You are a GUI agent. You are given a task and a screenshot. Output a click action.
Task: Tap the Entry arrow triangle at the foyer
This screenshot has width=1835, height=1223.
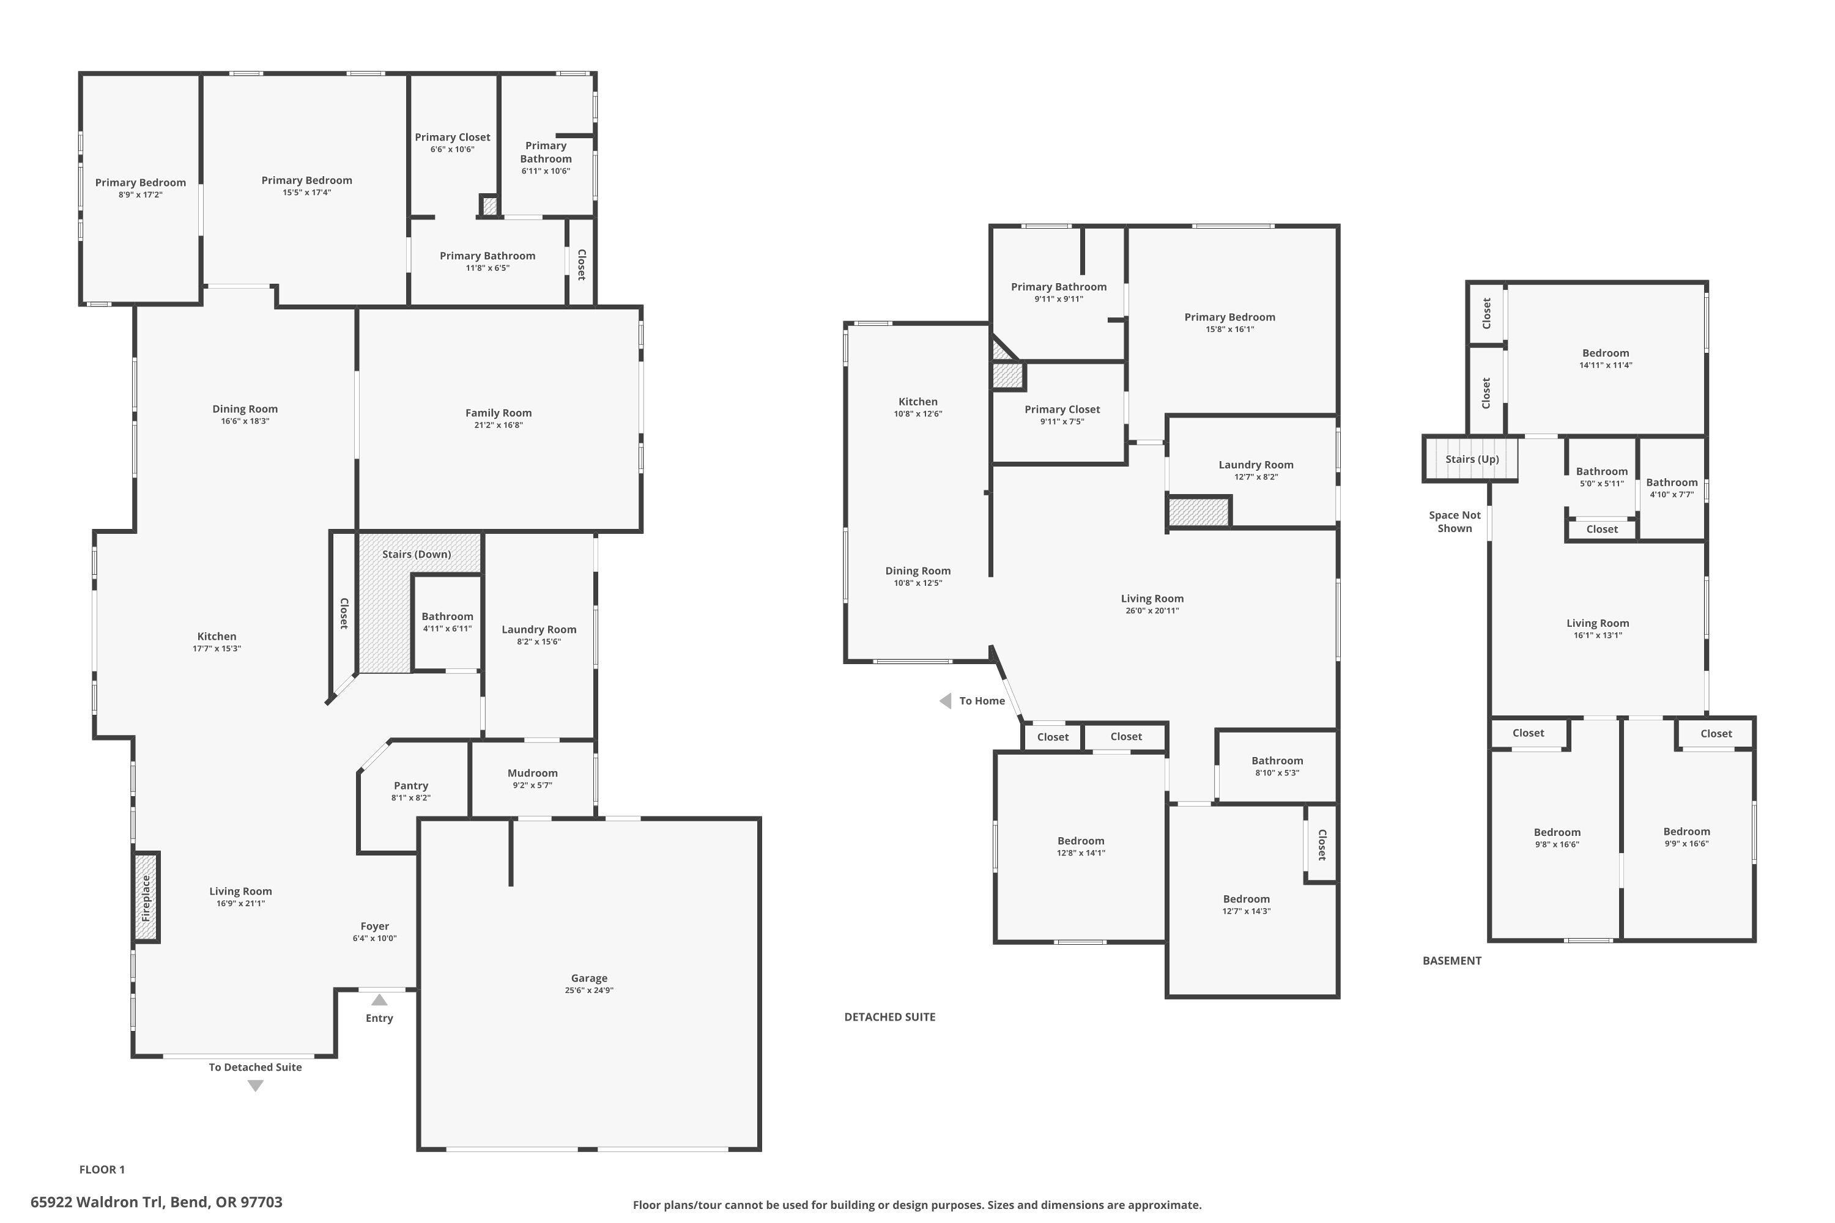[x=379, y=1000]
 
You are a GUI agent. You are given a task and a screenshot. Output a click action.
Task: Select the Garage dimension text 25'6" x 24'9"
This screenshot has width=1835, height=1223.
[x=589, y=991]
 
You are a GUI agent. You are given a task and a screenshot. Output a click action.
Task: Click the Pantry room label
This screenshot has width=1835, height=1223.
[x=410, y=785]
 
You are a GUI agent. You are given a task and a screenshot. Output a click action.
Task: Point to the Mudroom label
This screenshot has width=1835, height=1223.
[x=532, y=773]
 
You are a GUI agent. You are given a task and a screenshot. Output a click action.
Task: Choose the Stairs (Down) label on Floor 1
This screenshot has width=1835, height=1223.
[x=417, y=554]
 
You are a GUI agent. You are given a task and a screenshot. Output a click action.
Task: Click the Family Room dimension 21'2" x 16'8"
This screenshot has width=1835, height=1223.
[x=499, y=425]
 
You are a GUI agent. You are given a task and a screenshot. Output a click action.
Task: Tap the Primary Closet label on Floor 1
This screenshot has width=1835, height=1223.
[x=453, y=137]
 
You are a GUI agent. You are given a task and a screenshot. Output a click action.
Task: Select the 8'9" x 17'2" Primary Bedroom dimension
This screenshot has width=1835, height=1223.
[x=141, y=195]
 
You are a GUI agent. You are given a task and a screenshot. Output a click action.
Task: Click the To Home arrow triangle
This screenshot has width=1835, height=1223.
[x=946, y=701]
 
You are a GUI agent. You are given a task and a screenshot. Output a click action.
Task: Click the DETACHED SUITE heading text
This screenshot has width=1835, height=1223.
[x=889, y=1017]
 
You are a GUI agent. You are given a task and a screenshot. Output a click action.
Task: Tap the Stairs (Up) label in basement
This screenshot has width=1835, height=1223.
[x=1472, y=459]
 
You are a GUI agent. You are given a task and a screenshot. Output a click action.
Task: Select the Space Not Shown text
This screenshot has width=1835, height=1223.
[x=1455, y=522]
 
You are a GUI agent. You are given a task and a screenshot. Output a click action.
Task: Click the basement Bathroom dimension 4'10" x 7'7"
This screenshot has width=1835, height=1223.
[x=1671, y=495]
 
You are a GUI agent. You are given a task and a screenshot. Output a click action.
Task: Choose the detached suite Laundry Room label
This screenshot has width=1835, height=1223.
[x=1255, y=465]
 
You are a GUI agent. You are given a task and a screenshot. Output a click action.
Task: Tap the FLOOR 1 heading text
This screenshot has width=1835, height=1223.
[x=102, y=1169]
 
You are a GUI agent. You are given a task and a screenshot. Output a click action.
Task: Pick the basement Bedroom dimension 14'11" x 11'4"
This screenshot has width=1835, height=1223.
[x=1605, y=365]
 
